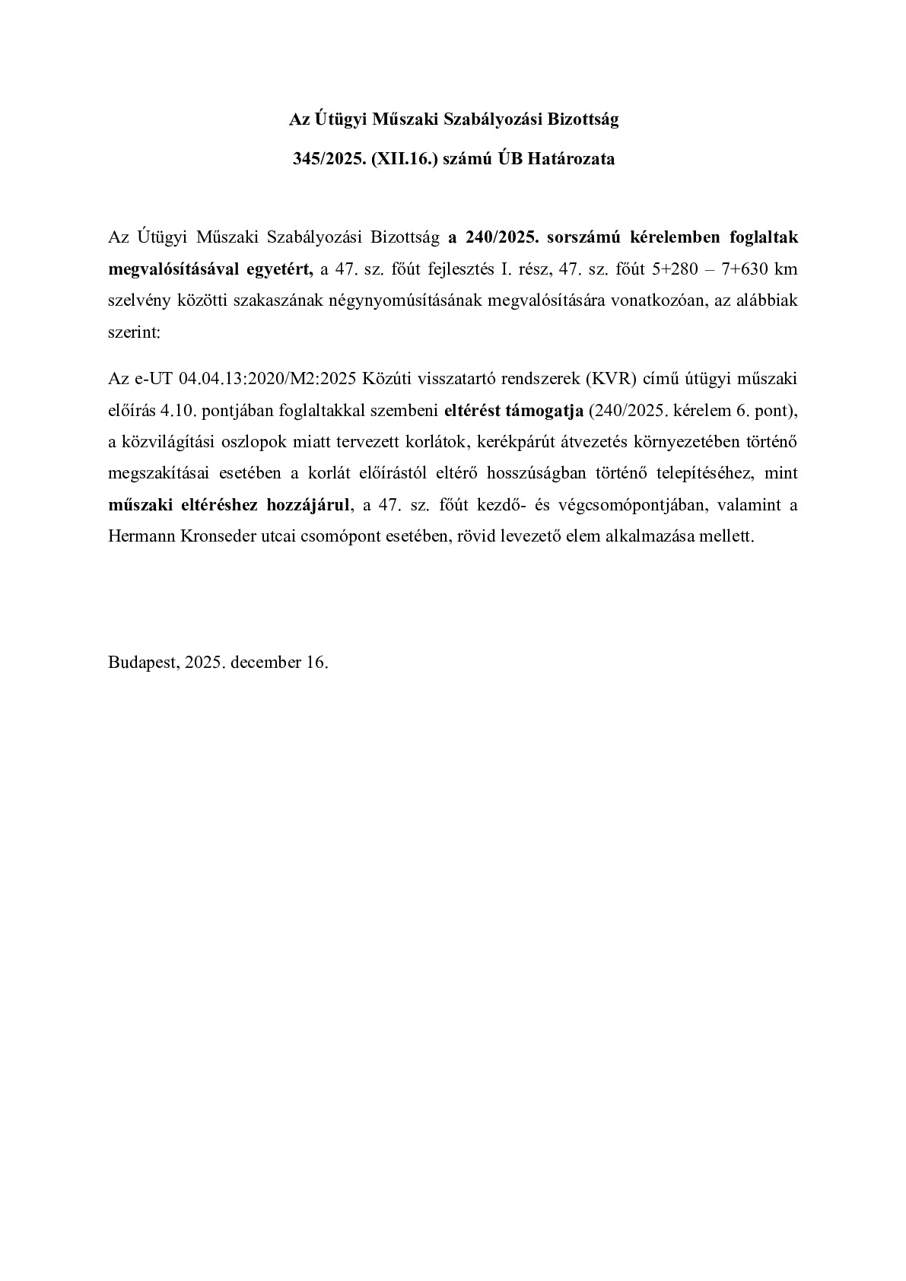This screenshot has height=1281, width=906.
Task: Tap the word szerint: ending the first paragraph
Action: pyautogui.click(x=135, y=332)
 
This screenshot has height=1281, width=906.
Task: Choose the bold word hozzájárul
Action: pyautogui.click(x=309, y=505)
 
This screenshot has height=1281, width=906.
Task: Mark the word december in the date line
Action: pyautogui.click(x=266, y=662)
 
